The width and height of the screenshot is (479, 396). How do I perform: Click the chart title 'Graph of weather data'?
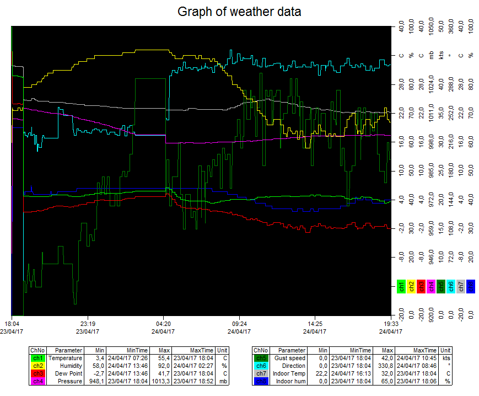(239, 11)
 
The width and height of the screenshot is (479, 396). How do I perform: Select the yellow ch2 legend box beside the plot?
(411, 286)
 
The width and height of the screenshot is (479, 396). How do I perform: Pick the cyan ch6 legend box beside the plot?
(450, 286)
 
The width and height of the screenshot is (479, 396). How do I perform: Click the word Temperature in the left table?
(65, 358)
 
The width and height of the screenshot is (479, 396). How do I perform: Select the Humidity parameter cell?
(69, 365)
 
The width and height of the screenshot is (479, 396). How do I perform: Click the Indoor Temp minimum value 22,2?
(320, 373)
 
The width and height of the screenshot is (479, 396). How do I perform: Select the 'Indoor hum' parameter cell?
(290, 381)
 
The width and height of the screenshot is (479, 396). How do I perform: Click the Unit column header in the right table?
(446, 350)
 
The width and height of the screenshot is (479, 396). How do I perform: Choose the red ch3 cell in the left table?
(37, 373)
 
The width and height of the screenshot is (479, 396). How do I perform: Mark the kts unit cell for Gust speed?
(446, 358)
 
